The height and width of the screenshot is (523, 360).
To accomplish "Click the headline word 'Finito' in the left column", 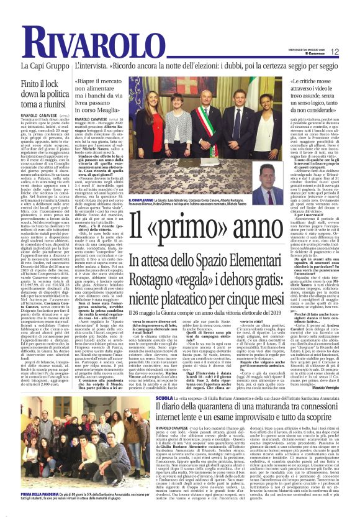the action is (35, 83).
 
